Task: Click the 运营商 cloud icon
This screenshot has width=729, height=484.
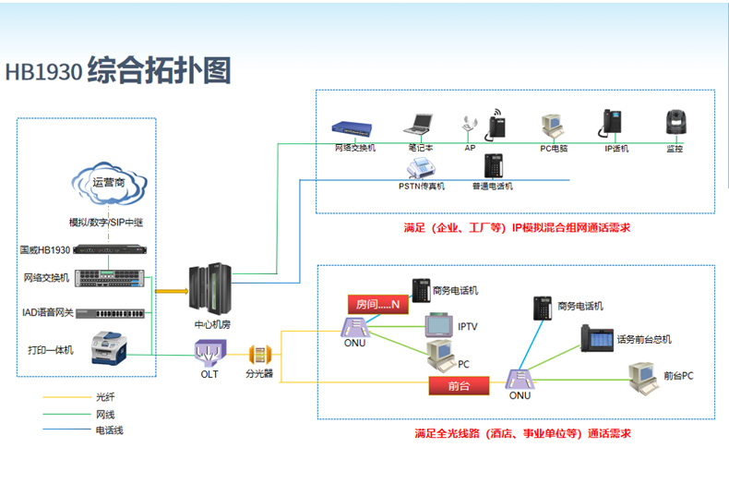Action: coord(106,185)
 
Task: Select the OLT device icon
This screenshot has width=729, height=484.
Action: coord(209,351)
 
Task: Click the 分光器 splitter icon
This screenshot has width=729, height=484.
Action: coord(259,354)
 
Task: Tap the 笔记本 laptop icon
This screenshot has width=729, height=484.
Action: coord(421,125)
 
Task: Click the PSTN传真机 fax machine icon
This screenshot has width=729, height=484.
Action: coord(422,167)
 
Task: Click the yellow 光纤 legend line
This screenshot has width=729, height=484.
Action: coord(64,397)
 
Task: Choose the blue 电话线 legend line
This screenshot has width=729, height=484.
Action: coord(64,430)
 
